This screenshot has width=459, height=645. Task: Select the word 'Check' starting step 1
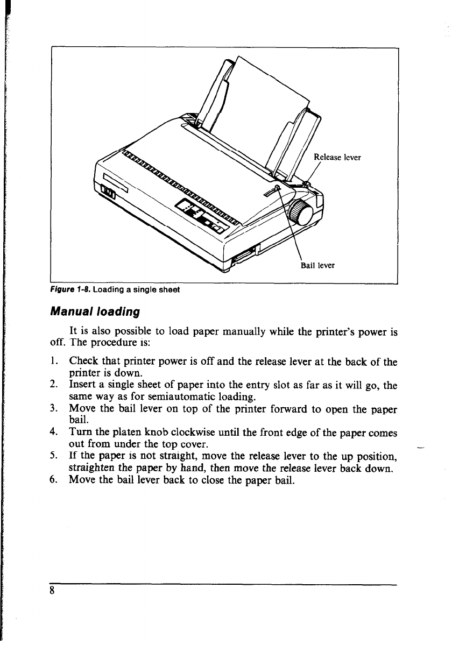click(83, 363)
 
